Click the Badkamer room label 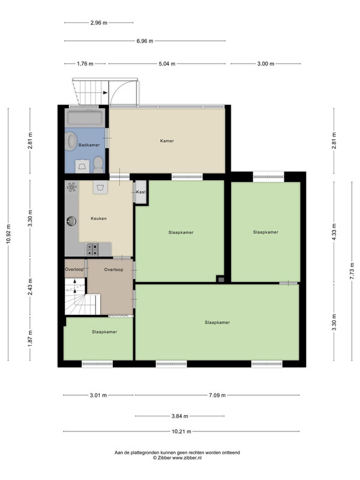(89, 145)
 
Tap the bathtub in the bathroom (85, 118)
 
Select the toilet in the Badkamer (98, 164)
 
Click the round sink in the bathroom (72, 141)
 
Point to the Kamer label (167, 141)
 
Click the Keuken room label (98, 218)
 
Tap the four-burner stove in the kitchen (92, 249)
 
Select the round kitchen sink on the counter (71, 221)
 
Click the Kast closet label (141, 192)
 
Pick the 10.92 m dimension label (8, 234)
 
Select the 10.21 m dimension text (181, 431)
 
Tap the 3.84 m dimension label (179, 416)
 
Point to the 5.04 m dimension (167, 64)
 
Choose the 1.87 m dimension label (30, 338)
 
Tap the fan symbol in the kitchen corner (72, 187)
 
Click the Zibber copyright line (177, 458)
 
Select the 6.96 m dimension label (145, 41)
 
